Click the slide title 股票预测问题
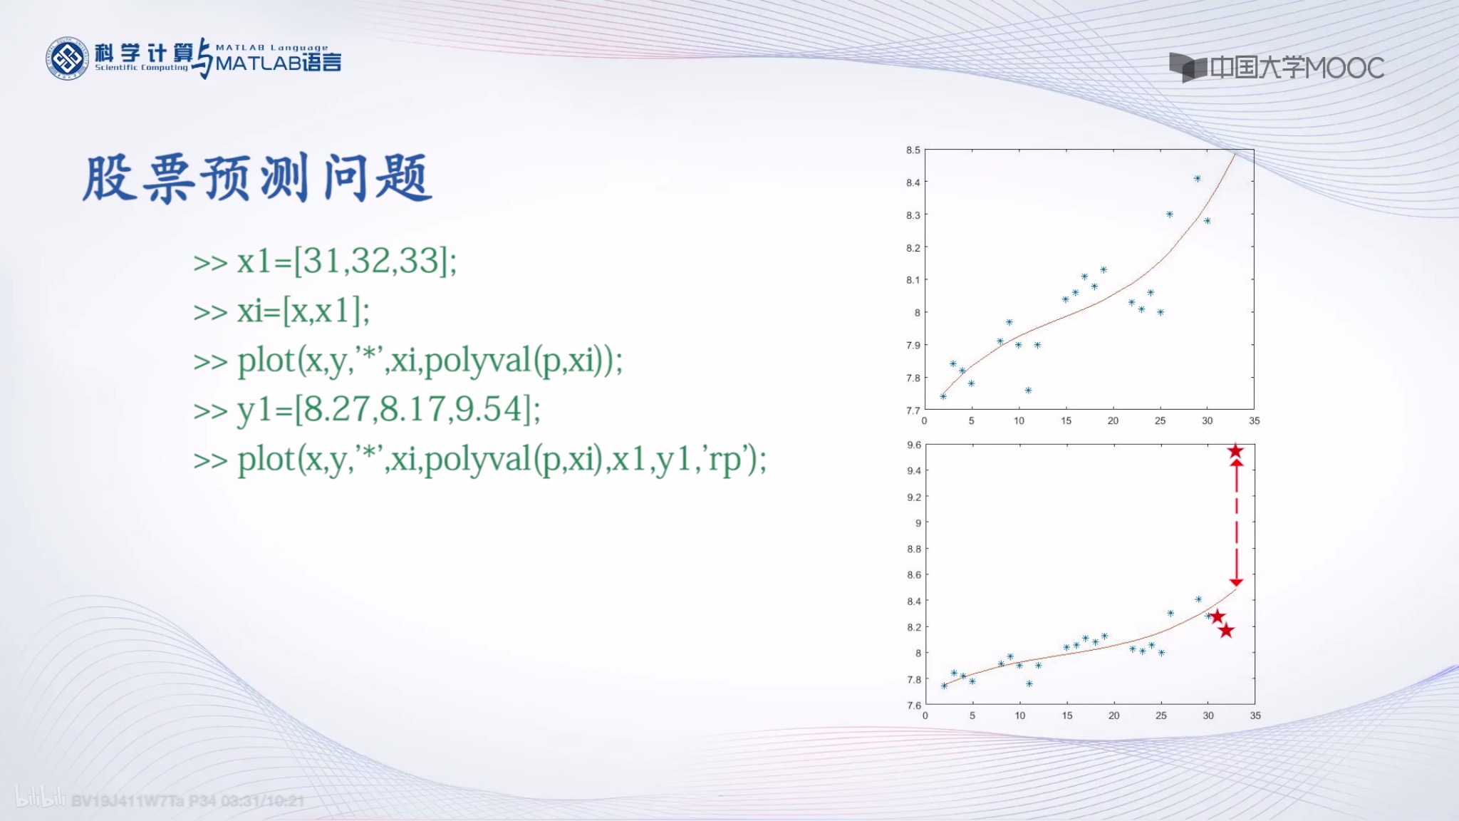click(x=257, y=177)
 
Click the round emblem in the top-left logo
click(x=67, y=58)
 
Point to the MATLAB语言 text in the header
click(x=279, y=63)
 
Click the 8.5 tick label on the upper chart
click(x=913, y=150)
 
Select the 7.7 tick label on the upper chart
click(x=913, y=410)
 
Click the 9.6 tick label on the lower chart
click(x=913, y=445)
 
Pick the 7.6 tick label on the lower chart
click(x=913, y=705)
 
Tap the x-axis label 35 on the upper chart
click(x=1254, y=421)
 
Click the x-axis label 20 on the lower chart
click(x=1113, y=716)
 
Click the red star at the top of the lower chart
click(x=1235, y=451)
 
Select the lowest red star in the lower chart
click(x=1225, y=631)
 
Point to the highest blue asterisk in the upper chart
click(x=1198, y=179)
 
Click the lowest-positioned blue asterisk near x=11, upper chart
click(x=1028, y=391)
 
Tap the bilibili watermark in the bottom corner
click(x=40, y=798)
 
